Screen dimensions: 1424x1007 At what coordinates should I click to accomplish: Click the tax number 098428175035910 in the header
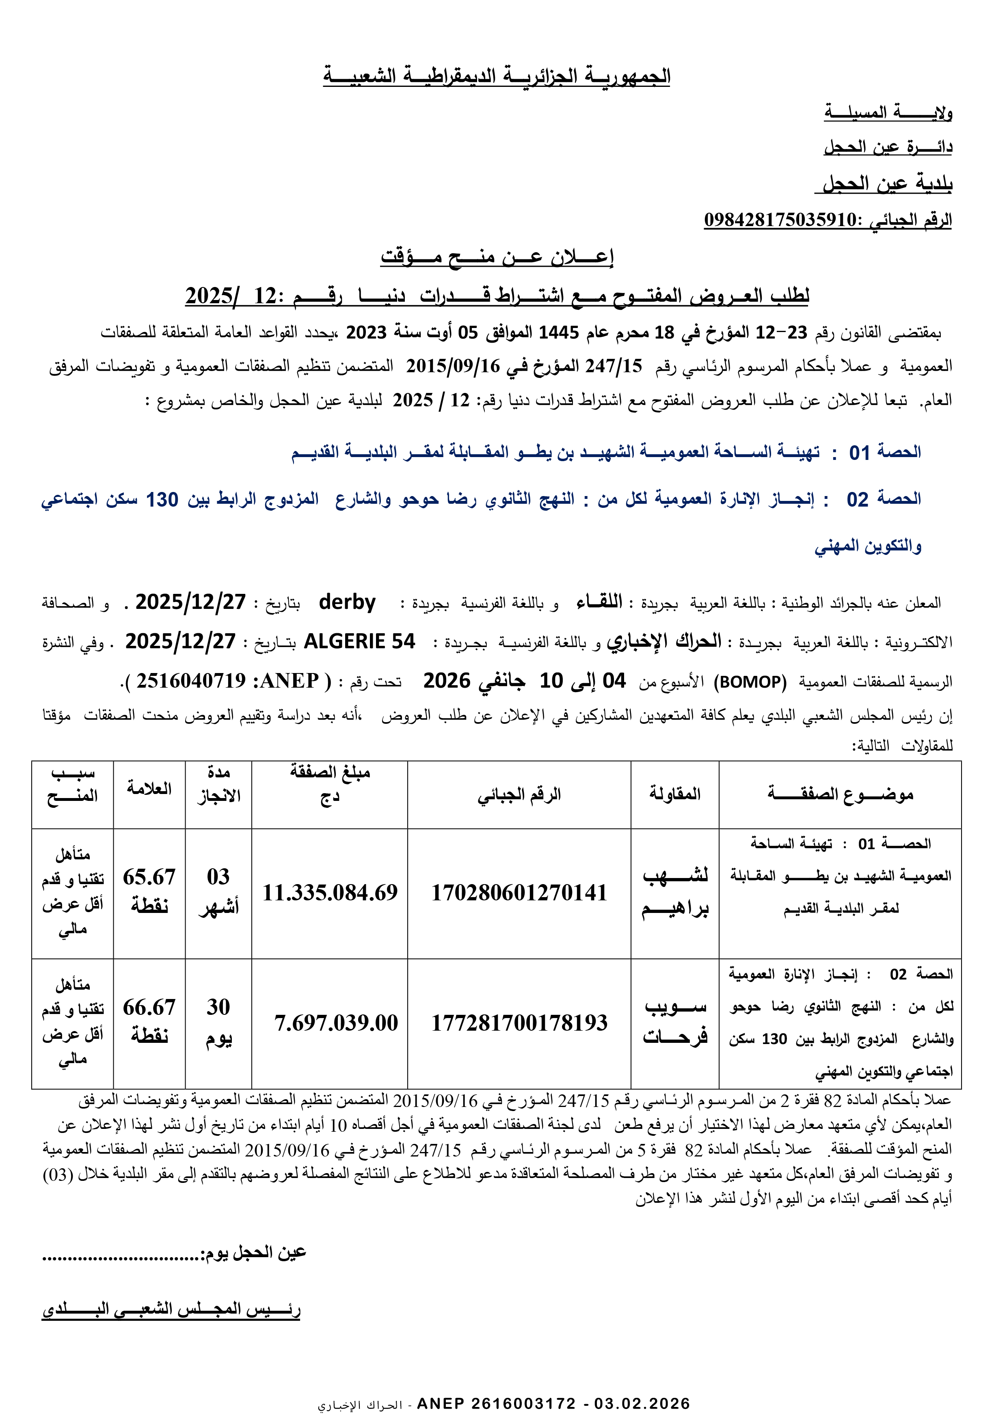(780, 220)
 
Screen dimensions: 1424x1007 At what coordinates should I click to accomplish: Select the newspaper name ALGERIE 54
(359, 641)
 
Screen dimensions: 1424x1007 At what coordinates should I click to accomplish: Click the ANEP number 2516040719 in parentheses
(191, 681)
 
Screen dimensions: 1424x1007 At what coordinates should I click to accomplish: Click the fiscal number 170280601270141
(519, 893)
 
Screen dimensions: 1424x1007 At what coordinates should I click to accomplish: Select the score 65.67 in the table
(149, 877)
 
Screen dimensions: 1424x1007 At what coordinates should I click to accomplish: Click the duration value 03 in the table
(218, 876)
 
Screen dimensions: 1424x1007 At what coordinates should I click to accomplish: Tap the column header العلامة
(149, 788)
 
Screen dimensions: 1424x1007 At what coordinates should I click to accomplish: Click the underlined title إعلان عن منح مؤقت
(497, 257)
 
